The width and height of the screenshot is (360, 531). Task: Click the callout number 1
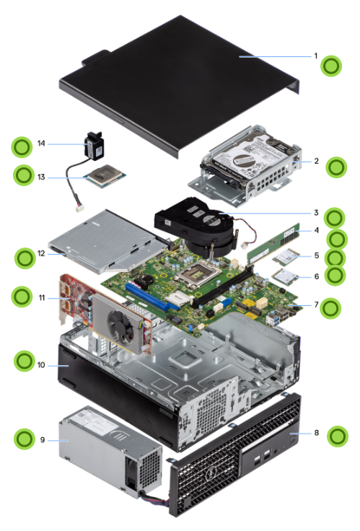click(x=316, y=56)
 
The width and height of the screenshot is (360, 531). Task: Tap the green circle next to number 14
click(x=22, y=147)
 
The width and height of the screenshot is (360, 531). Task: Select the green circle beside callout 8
click(x=338, y=436)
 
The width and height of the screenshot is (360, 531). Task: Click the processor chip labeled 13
click(x=105, y=175)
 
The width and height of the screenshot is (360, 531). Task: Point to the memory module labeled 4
click(x=274, y=243)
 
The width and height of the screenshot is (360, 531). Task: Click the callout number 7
click(x=316, y=304)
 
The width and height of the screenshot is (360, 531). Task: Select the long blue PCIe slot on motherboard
click(x=152, y=297)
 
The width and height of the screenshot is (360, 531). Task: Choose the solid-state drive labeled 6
click(x=285, y=277)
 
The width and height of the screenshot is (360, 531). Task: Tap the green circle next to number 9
click(x=25, y=439)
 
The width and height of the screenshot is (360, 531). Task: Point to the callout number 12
click(x=41, y=253)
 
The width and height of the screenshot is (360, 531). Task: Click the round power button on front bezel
click(x=294, y=439)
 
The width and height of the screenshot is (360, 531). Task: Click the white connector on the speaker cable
click(x=80, y=209)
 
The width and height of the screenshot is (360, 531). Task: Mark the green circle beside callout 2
click(x=336, y=167)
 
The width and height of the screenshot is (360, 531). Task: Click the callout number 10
click(x=41, y=365)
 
